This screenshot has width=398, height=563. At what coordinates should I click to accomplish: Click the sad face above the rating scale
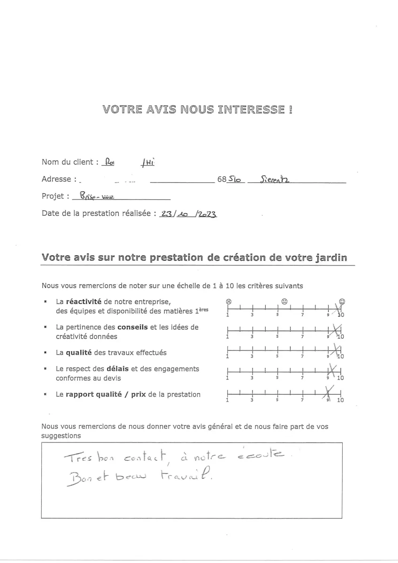point(228,301)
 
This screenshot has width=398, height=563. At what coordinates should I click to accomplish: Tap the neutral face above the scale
point(284,301)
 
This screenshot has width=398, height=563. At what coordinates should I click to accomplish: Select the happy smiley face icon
point(342,301)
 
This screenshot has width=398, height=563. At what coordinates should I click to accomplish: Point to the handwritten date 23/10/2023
point(188,213)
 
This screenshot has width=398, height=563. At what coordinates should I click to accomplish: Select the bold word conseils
point(133,327)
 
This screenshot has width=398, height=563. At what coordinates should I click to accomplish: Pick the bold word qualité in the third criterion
point(79,352)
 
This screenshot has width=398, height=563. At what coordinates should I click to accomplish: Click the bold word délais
point(119,369)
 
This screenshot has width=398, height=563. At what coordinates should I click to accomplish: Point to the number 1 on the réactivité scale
point(228,315)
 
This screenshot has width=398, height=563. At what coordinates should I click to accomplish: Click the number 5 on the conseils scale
point(277,336)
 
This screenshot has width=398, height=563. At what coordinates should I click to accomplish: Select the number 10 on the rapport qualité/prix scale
point(340,400)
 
